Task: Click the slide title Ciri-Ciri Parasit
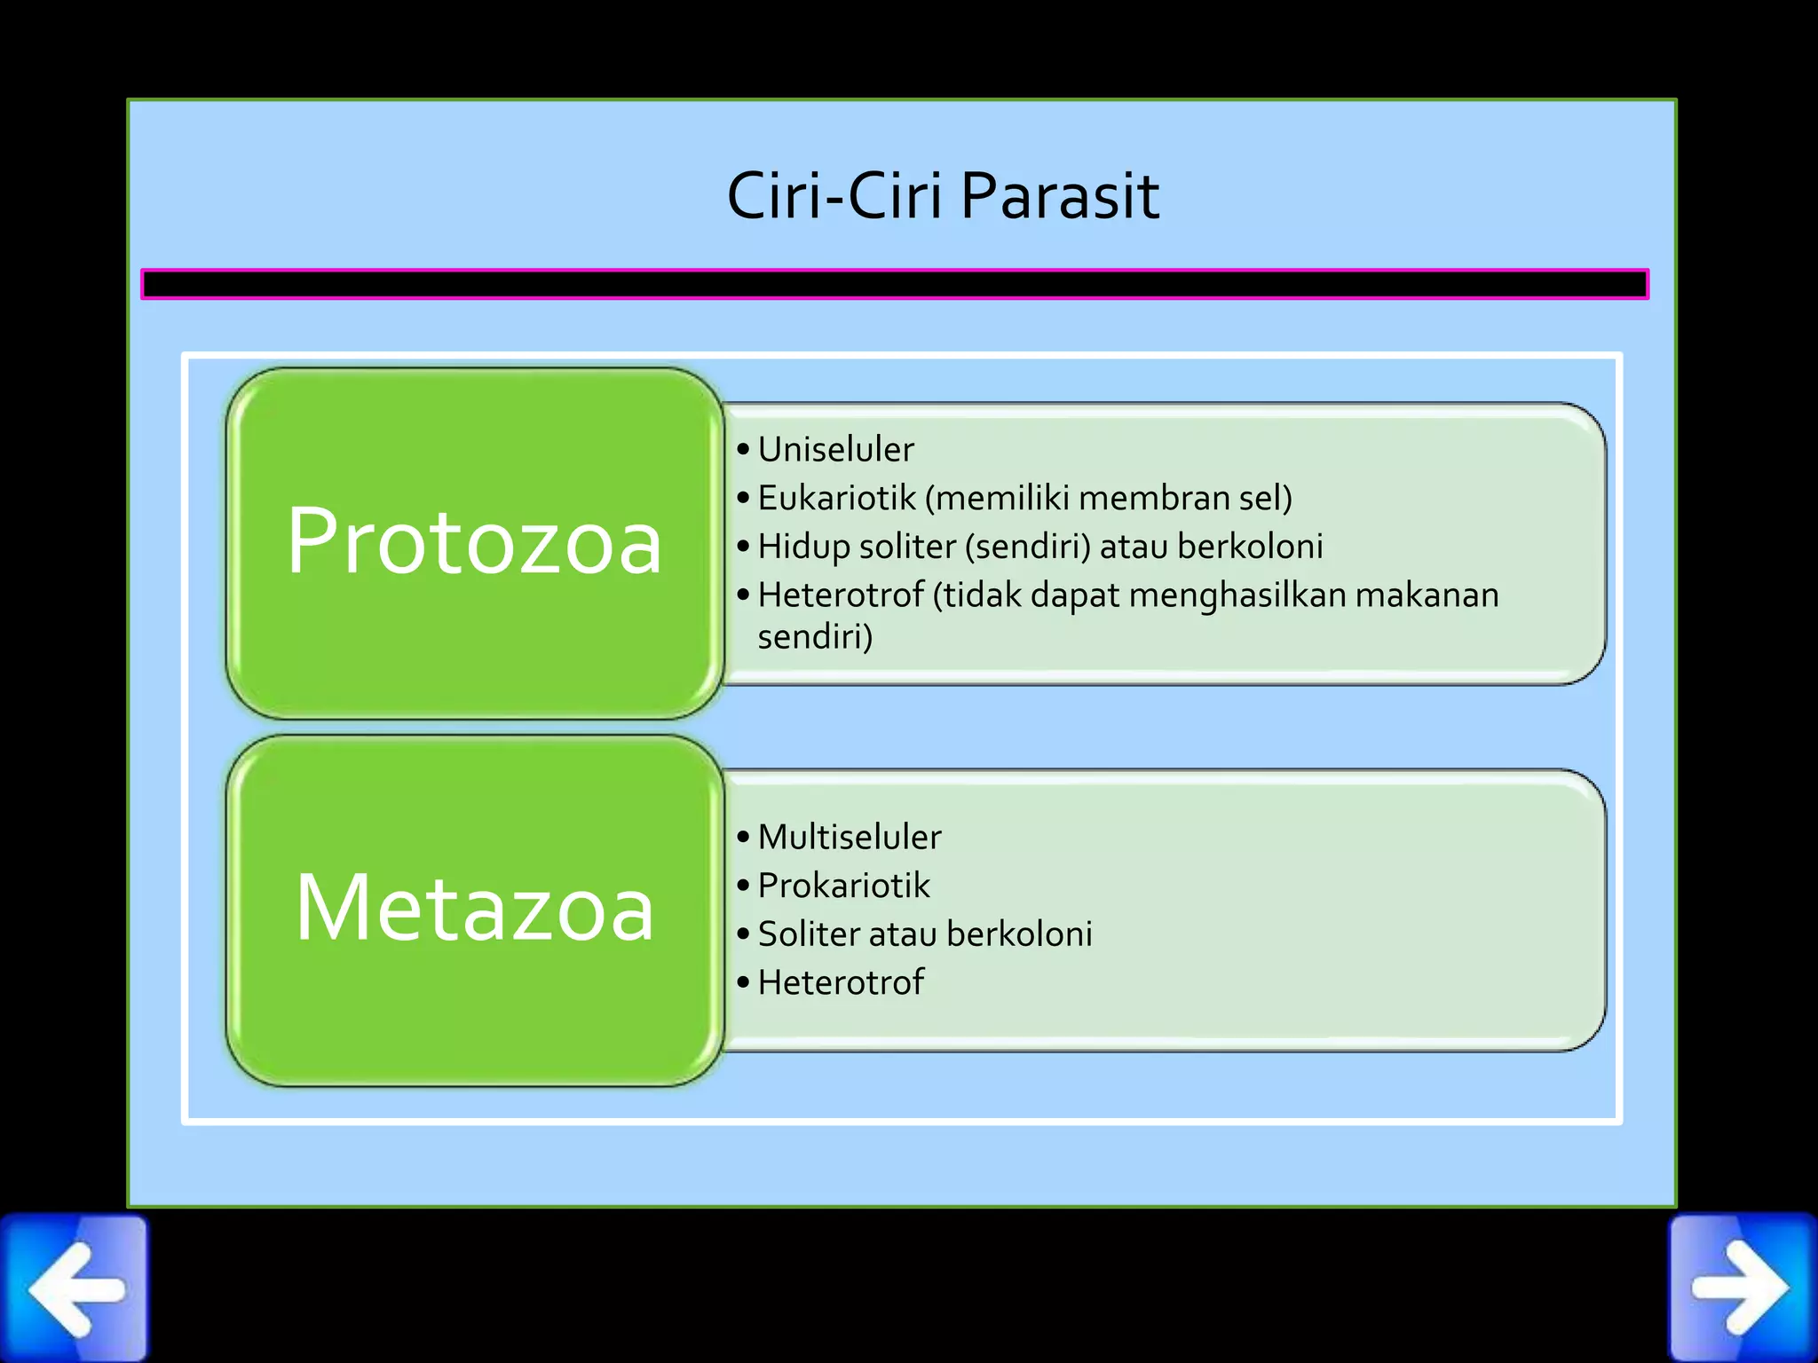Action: click(x=942, y=196)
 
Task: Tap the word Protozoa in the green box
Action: click(x=474, y=542)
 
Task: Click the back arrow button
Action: click(x=75, y=1288)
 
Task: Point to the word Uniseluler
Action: click(x=835, y=450)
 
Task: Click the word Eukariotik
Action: click(x=836, y=499)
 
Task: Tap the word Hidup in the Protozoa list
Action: click(x=804, y=548)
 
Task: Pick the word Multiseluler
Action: click(x=850, y=838)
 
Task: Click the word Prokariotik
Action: click(x=843, y=886)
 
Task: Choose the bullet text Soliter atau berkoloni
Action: click(x=925, y=934)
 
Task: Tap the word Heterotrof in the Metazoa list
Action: click(x=841, y=983)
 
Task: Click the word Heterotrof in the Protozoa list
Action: click(x=841, y=595)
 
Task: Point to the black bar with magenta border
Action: click(x=894, y=284)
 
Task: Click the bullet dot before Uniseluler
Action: click(x=743, y=450)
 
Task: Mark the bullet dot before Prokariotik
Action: click(x=743, y=886)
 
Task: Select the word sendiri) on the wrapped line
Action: click(x=815, y=637)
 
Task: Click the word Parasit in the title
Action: click(x=1060, y=196)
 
